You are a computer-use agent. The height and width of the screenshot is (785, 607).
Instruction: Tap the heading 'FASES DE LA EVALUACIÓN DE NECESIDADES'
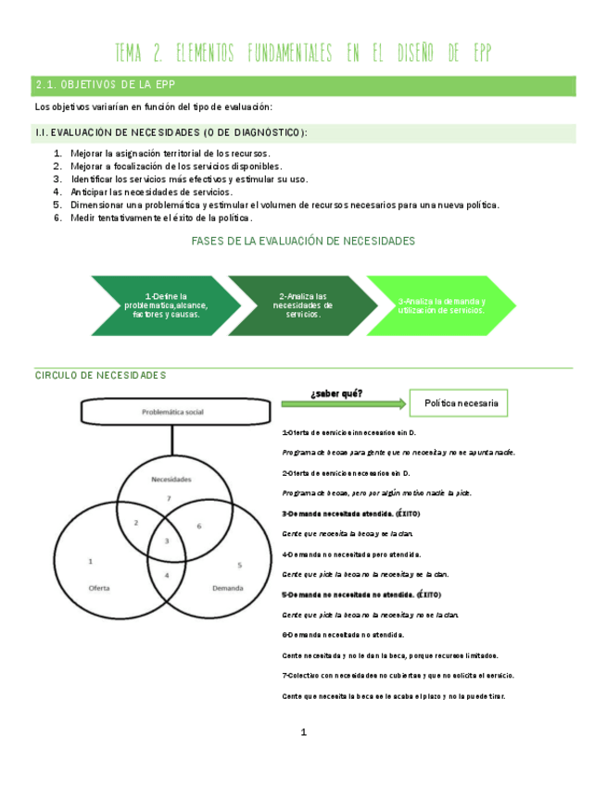pos(302,241)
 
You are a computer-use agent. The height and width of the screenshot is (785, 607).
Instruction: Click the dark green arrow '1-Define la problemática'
pos(162,305)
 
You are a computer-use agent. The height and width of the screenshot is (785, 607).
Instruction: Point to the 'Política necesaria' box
pos(461,404)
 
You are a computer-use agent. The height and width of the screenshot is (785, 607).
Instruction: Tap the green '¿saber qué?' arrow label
pos(336,394)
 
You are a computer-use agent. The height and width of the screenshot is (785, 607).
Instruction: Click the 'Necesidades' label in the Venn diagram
pos(171,480)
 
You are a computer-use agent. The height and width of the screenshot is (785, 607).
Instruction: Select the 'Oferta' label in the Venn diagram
pos(99,588)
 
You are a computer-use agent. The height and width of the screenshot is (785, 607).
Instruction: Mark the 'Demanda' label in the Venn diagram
pos(228,588)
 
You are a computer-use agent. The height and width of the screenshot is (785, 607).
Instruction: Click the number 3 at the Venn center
pos(167,540)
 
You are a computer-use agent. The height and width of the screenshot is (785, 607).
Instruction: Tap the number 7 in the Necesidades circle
pos(168,499)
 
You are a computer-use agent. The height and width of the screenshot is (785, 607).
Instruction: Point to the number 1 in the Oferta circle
pos(90,561)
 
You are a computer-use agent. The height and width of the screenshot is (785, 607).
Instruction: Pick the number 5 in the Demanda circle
pos(239,564)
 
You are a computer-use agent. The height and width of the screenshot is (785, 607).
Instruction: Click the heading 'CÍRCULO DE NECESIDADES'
pos(100,375)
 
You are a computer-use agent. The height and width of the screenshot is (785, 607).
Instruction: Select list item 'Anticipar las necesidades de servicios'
pos(151,192)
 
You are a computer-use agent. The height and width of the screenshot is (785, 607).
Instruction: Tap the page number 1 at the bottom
pos(303,733)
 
